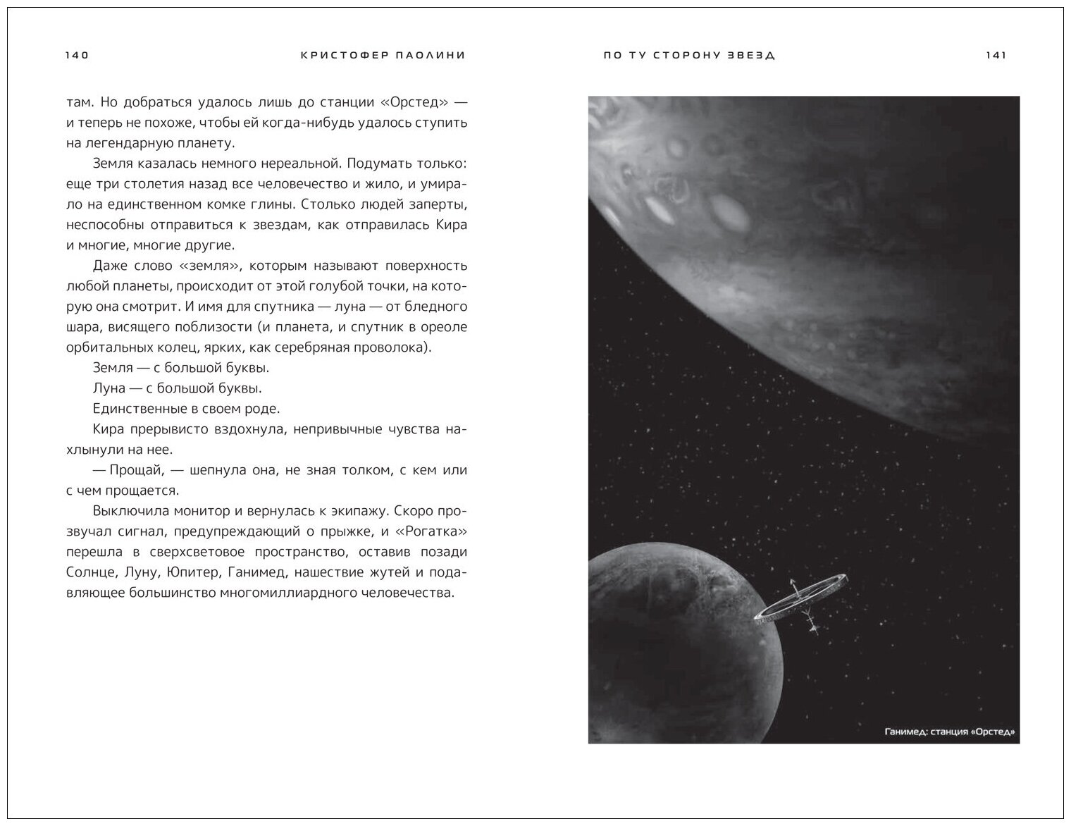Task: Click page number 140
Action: point(76,56)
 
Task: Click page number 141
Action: point(996,56)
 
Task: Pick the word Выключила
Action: point(126,511)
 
